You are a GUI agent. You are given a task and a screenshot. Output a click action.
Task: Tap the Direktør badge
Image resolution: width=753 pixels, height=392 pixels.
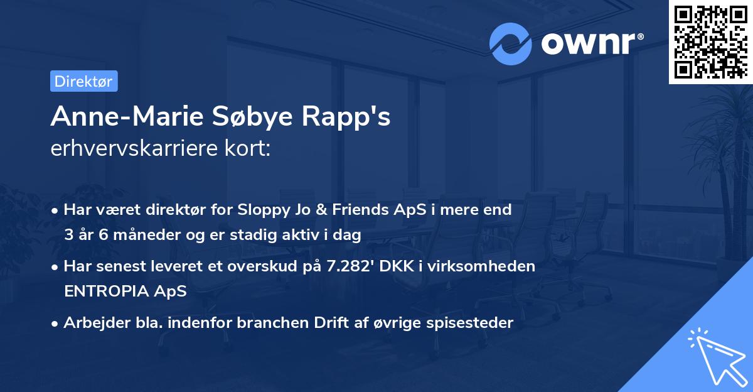tap(83, 81)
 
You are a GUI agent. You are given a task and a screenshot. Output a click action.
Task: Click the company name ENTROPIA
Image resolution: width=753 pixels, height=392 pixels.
tap(107, 291)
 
